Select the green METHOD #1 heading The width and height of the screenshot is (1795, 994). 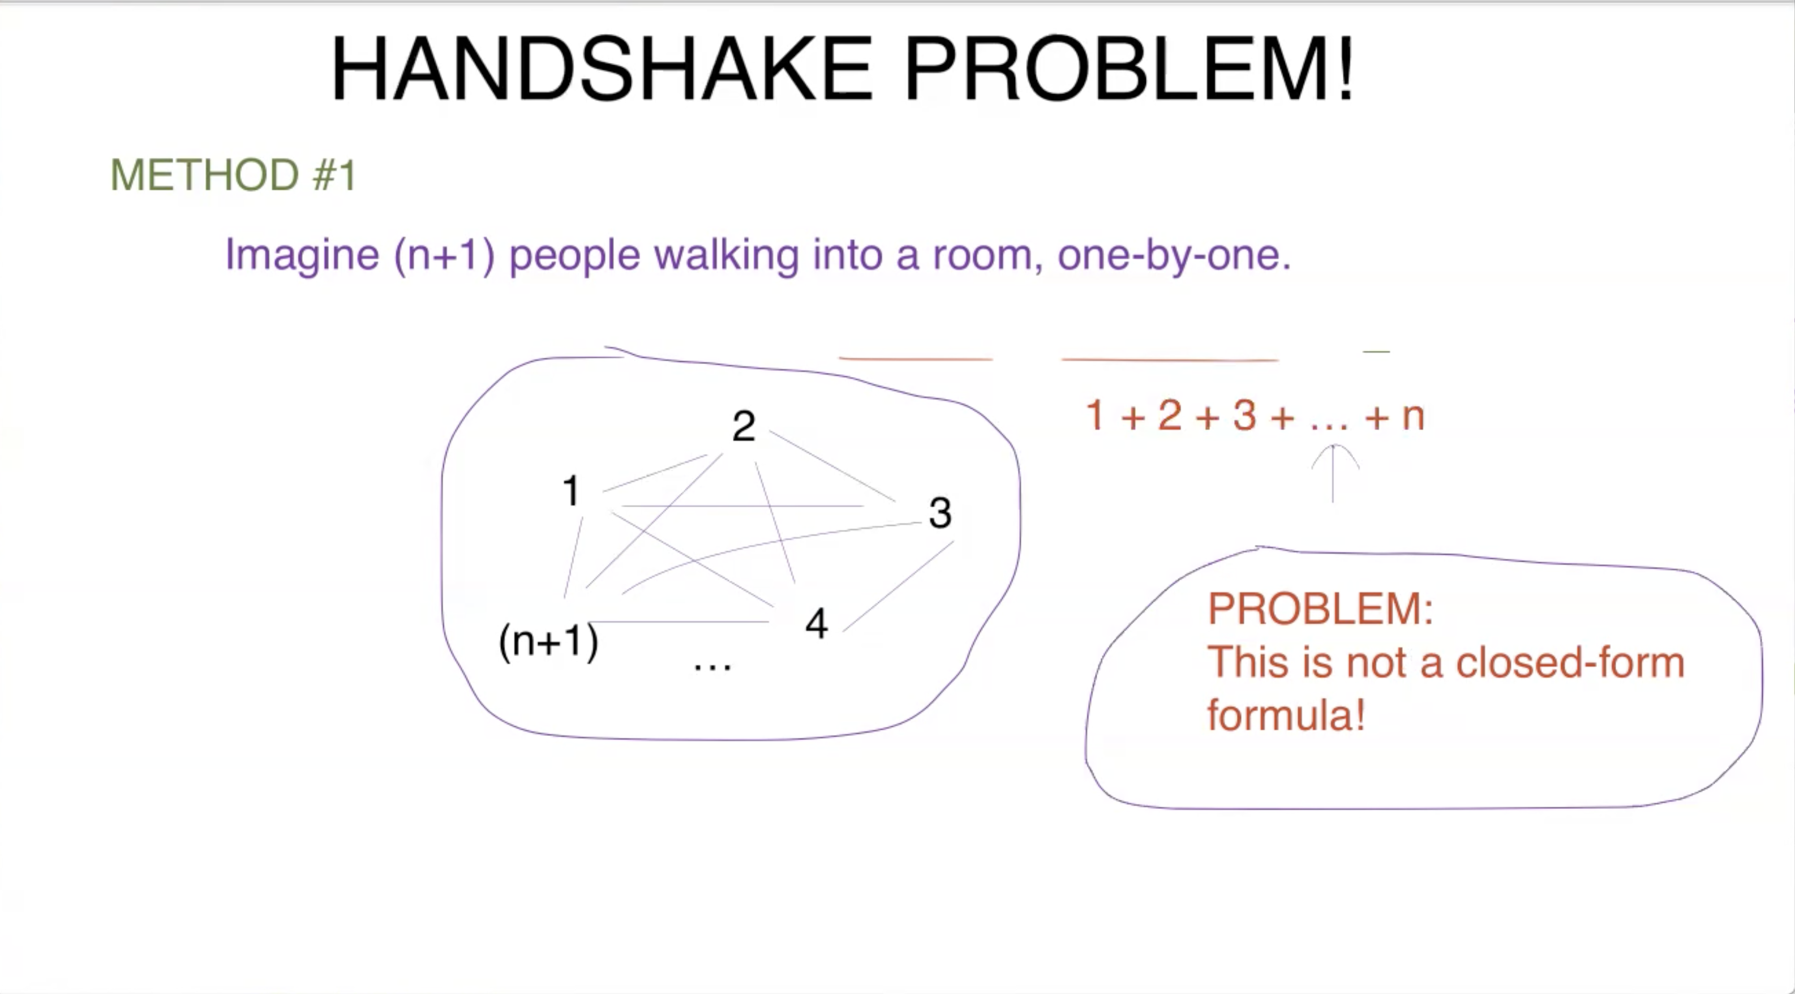point(234,174)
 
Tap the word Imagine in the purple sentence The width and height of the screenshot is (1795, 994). point(302,255)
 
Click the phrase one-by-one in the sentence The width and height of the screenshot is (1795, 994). point(1173,255)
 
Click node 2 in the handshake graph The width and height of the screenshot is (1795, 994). point(744,426)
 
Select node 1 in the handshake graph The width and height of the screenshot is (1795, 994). point(570,491)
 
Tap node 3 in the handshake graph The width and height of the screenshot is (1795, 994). point(940,513)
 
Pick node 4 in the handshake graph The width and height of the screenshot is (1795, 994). point(817,623)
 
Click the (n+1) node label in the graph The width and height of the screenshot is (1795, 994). point(548,641)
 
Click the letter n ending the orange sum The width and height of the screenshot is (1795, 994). point(1412,417)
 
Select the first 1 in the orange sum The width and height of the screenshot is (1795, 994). point(1094,415)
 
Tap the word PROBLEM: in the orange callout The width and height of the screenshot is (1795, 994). point(1320,609)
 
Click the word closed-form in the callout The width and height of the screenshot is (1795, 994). point(1570,662)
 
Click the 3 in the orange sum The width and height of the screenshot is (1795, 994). point(1244,415)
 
